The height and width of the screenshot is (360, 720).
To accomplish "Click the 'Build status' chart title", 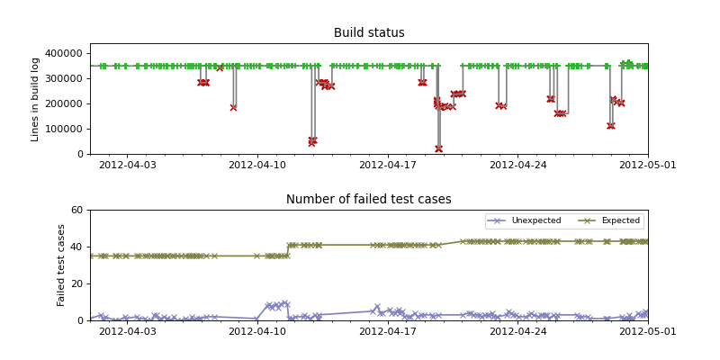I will pyautogui.click(x=369, y=33).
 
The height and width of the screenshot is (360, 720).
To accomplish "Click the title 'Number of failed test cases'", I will pyautogui.click(x=369, y=200).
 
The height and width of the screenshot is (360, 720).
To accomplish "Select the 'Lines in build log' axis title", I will pyautogui.click(x=36, y=99).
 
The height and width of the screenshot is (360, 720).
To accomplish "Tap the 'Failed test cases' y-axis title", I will pyautogui.click(x=62, y=265).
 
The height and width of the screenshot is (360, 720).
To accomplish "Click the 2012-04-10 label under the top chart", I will pyautogui.click(x=257, y=165).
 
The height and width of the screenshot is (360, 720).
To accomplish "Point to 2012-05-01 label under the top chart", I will pyautogui.click(x=648, y=165).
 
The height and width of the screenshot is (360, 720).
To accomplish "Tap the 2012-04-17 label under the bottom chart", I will pyautogui.click(x=388, y=331).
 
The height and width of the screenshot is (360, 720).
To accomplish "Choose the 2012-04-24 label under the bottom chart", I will pyautogui.click(x=517, y=331).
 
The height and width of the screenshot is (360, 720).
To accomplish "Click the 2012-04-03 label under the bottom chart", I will pyautogui.click(x=127, y=331).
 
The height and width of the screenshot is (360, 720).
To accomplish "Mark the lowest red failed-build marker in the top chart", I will pyautogui.click(x=438, y=148).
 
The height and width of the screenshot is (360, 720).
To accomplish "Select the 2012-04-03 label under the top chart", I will pyautogui.click(x=127, y=165).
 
